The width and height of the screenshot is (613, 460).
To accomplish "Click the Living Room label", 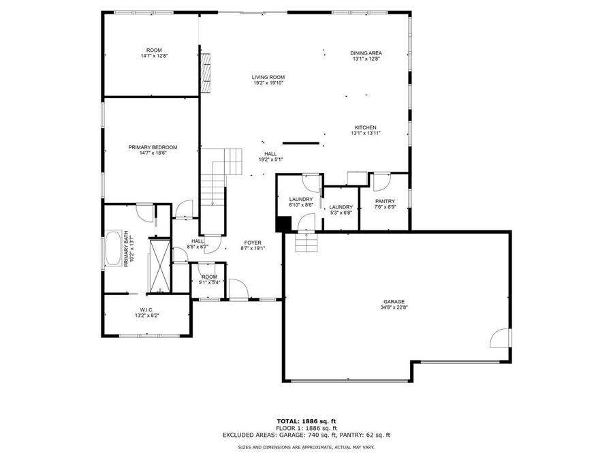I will point(268,77).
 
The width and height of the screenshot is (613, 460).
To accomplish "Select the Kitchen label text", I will point(365,127).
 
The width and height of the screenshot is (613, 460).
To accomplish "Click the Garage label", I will point(394,302).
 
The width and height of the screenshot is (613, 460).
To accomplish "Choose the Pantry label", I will point(385,201).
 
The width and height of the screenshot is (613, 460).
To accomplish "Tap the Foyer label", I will point(253,243).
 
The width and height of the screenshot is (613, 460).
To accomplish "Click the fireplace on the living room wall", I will point(206,73).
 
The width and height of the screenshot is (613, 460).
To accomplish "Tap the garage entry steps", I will point(306,242).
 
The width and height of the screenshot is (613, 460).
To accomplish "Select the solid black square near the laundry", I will point(283,224).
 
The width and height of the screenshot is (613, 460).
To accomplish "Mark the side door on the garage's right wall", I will point(502,336).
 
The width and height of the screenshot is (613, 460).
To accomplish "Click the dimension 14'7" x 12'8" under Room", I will point(154,56).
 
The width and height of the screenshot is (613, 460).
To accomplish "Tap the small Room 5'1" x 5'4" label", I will point(208,279).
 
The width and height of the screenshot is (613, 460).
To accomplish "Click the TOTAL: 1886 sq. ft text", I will point(306,421).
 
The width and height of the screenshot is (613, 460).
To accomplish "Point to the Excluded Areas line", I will point(306,435).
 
